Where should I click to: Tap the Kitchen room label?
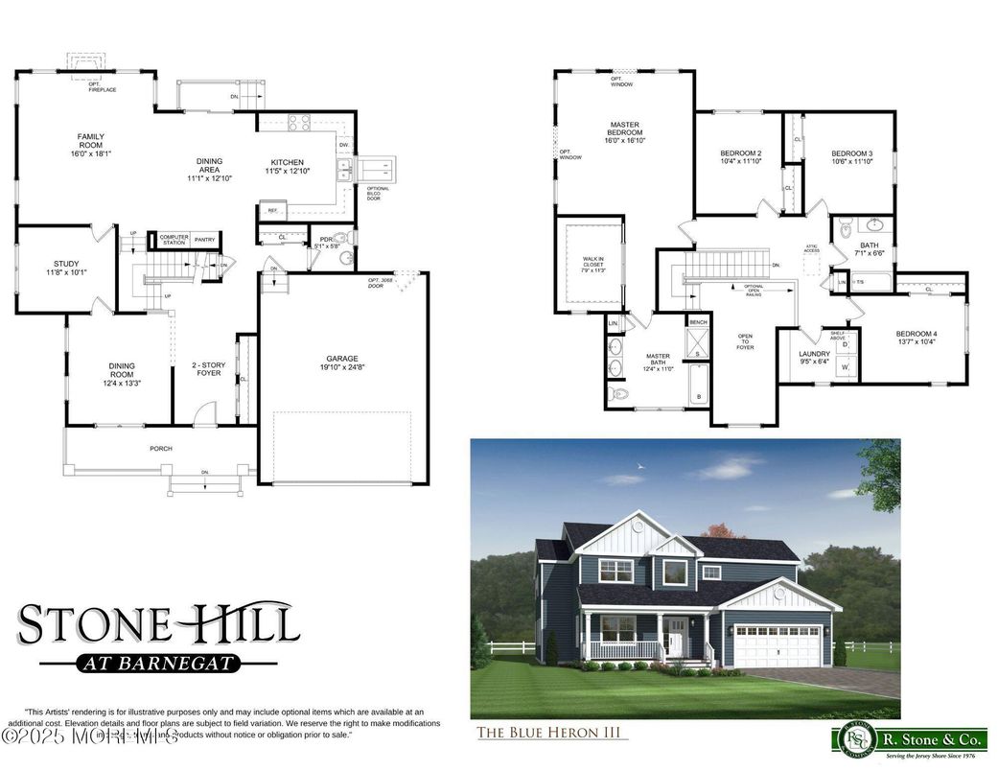[285, 166]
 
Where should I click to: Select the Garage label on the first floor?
[342, 362]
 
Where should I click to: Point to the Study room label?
[66, 268]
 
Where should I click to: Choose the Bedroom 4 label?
[917, 338]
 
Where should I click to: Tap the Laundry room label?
[815, 358]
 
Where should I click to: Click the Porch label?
[160, 448]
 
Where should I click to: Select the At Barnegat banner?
[158, 663]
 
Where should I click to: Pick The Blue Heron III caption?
[552, 734]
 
